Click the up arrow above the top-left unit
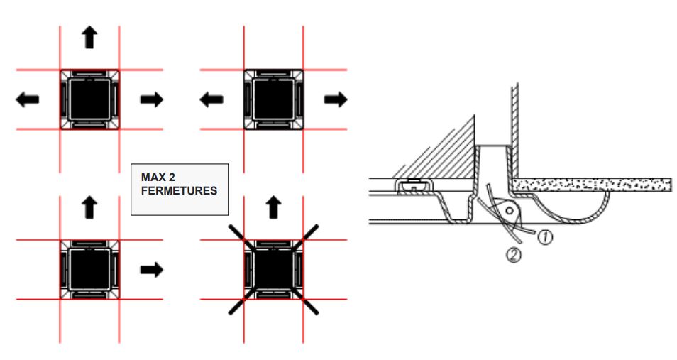[x=89, y=37]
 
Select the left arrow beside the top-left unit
[x=28, y=99]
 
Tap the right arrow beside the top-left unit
[x=151, y=99]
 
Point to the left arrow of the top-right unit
[x=211, y=99]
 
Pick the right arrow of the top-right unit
[x=334, y=99]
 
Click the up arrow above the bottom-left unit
[x=89, y=207]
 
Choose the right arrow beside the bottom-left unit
[x=151, y=269]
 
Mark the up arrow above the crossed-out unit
[x=273, y=207]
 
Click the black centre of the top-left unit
[x=89, y=99]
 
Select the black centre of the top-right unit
[x=273, y=99]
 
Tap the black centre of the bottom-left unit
[x=89, y=269]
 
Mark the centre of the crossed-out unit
[x=273, y=269]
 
